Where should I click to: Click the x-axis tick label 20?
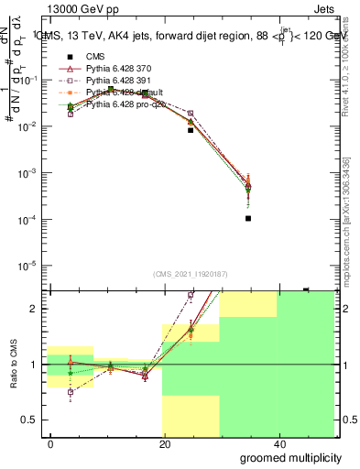(165, 443)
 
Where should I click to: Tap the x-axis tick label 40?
(279, 443)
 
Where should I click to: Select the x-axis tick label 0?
(51, 443)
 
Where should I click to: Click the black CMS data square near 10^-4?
(248, 219)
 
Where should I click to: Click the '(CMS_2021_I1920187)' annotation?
(190, 274)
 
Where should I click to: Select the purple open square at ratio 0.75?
(71, 392)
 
